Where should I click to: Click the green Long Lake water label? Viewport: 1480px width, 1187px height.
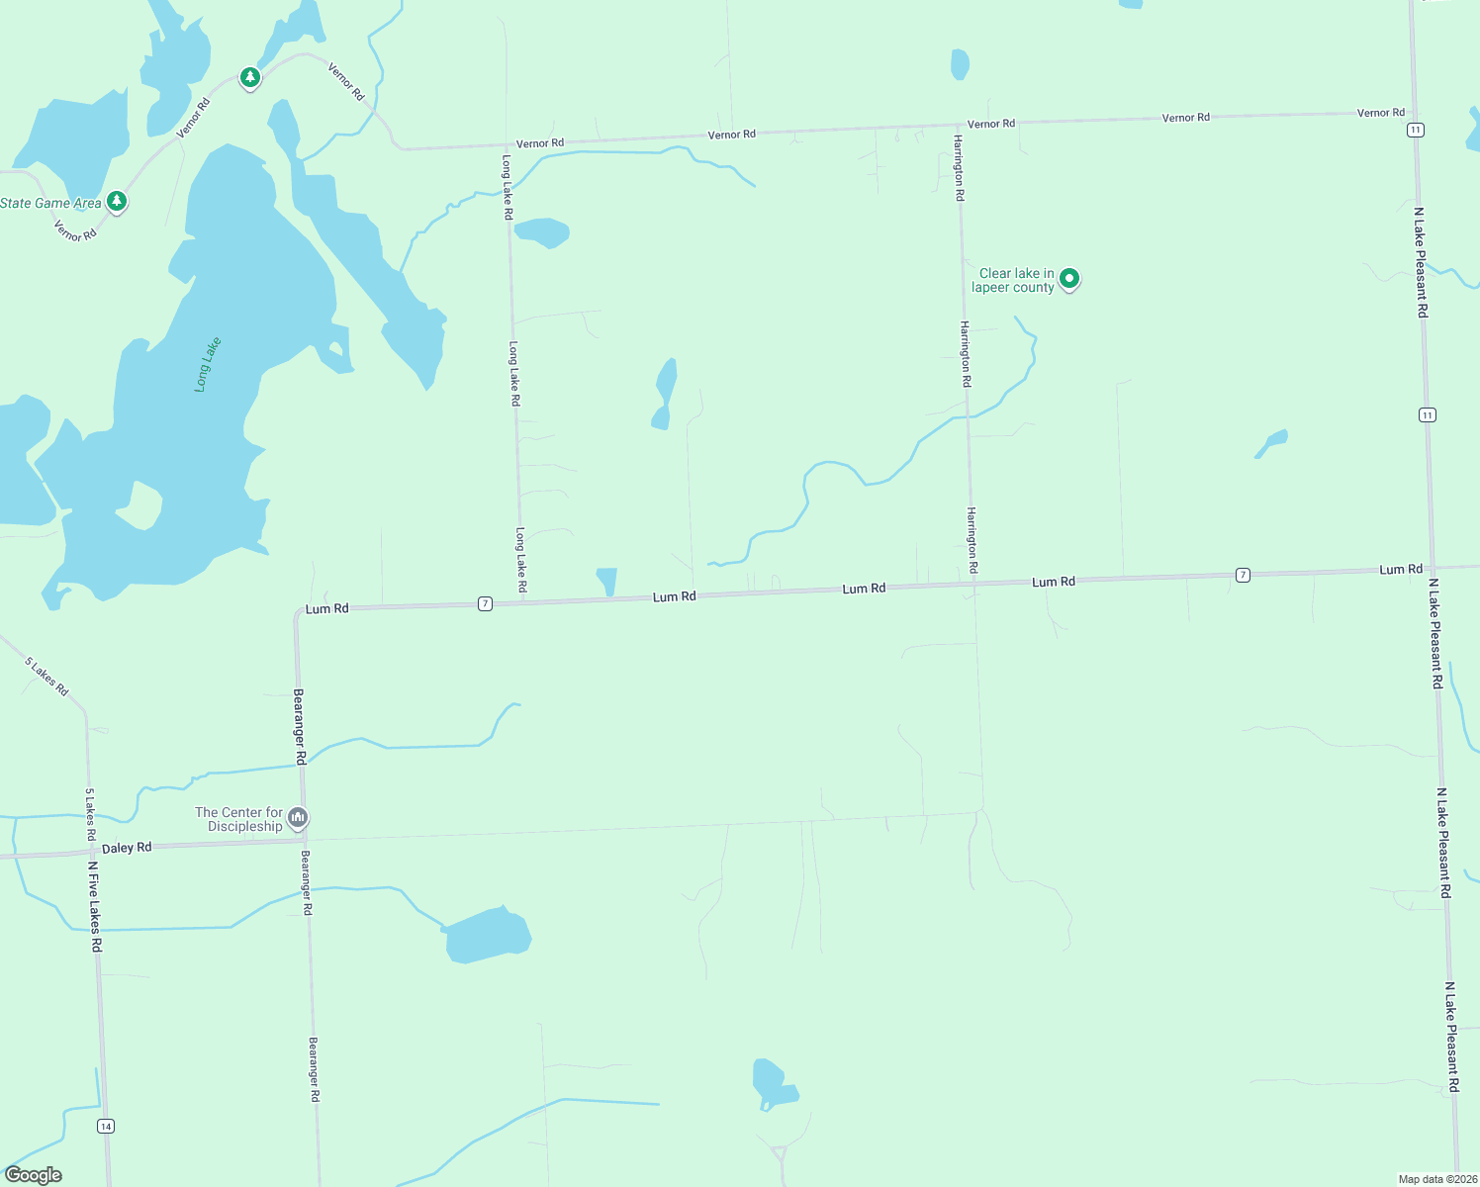tap(208, 365)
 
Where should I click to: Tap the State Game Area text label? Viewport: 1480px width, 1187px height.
tap(50, 203)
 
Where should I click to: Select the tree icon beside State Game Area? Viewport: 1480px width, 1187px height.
tap(117, 202)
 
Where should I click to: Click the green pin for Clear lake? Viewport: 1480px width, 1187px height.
tap(1068, 279)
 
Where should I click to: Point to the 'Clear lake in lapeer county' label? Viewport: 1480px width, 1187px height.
tap(1014, 281)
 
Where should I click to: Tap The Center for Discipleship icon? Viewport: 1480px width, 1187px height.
tap(298, 818)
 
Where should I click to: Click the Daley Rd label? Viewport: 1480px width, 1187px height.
tap(127, 848)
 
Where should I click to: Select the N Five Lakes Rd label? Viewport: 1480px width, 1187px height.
tap(94, 906)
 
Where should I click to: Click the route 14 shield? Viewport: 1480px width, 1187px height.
tap(106, 1126)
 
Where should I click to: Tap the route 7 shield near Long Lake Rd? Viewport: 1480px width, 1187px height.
tap(485, 603)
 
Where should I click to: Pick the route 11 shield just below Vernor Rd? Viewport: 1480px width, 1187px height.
tap(1417, 130)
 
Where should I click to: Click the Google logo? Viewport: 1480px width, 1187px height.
tap(34, 1175)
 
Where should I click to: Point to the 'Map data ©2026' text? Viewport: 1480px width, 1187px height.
tap(1435, 1179)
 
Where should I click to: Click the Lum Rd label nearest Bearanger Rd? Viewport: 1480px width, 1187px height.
tap(326, 608)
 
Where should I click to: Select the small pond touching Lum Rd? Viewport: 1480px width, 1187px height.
tap(606, 581)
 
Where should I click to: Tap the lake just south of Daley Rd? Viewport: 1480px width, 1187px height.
tap(487, 936)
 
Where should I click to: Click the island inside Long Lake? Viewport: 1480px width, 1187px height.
tap(139, 505)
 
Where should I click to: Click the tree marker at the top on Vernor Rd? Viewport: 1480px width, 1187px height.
tap(250, 77)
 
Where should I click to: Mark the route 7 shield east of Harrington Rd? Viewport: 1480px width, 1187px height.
tap(1243, 575)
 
